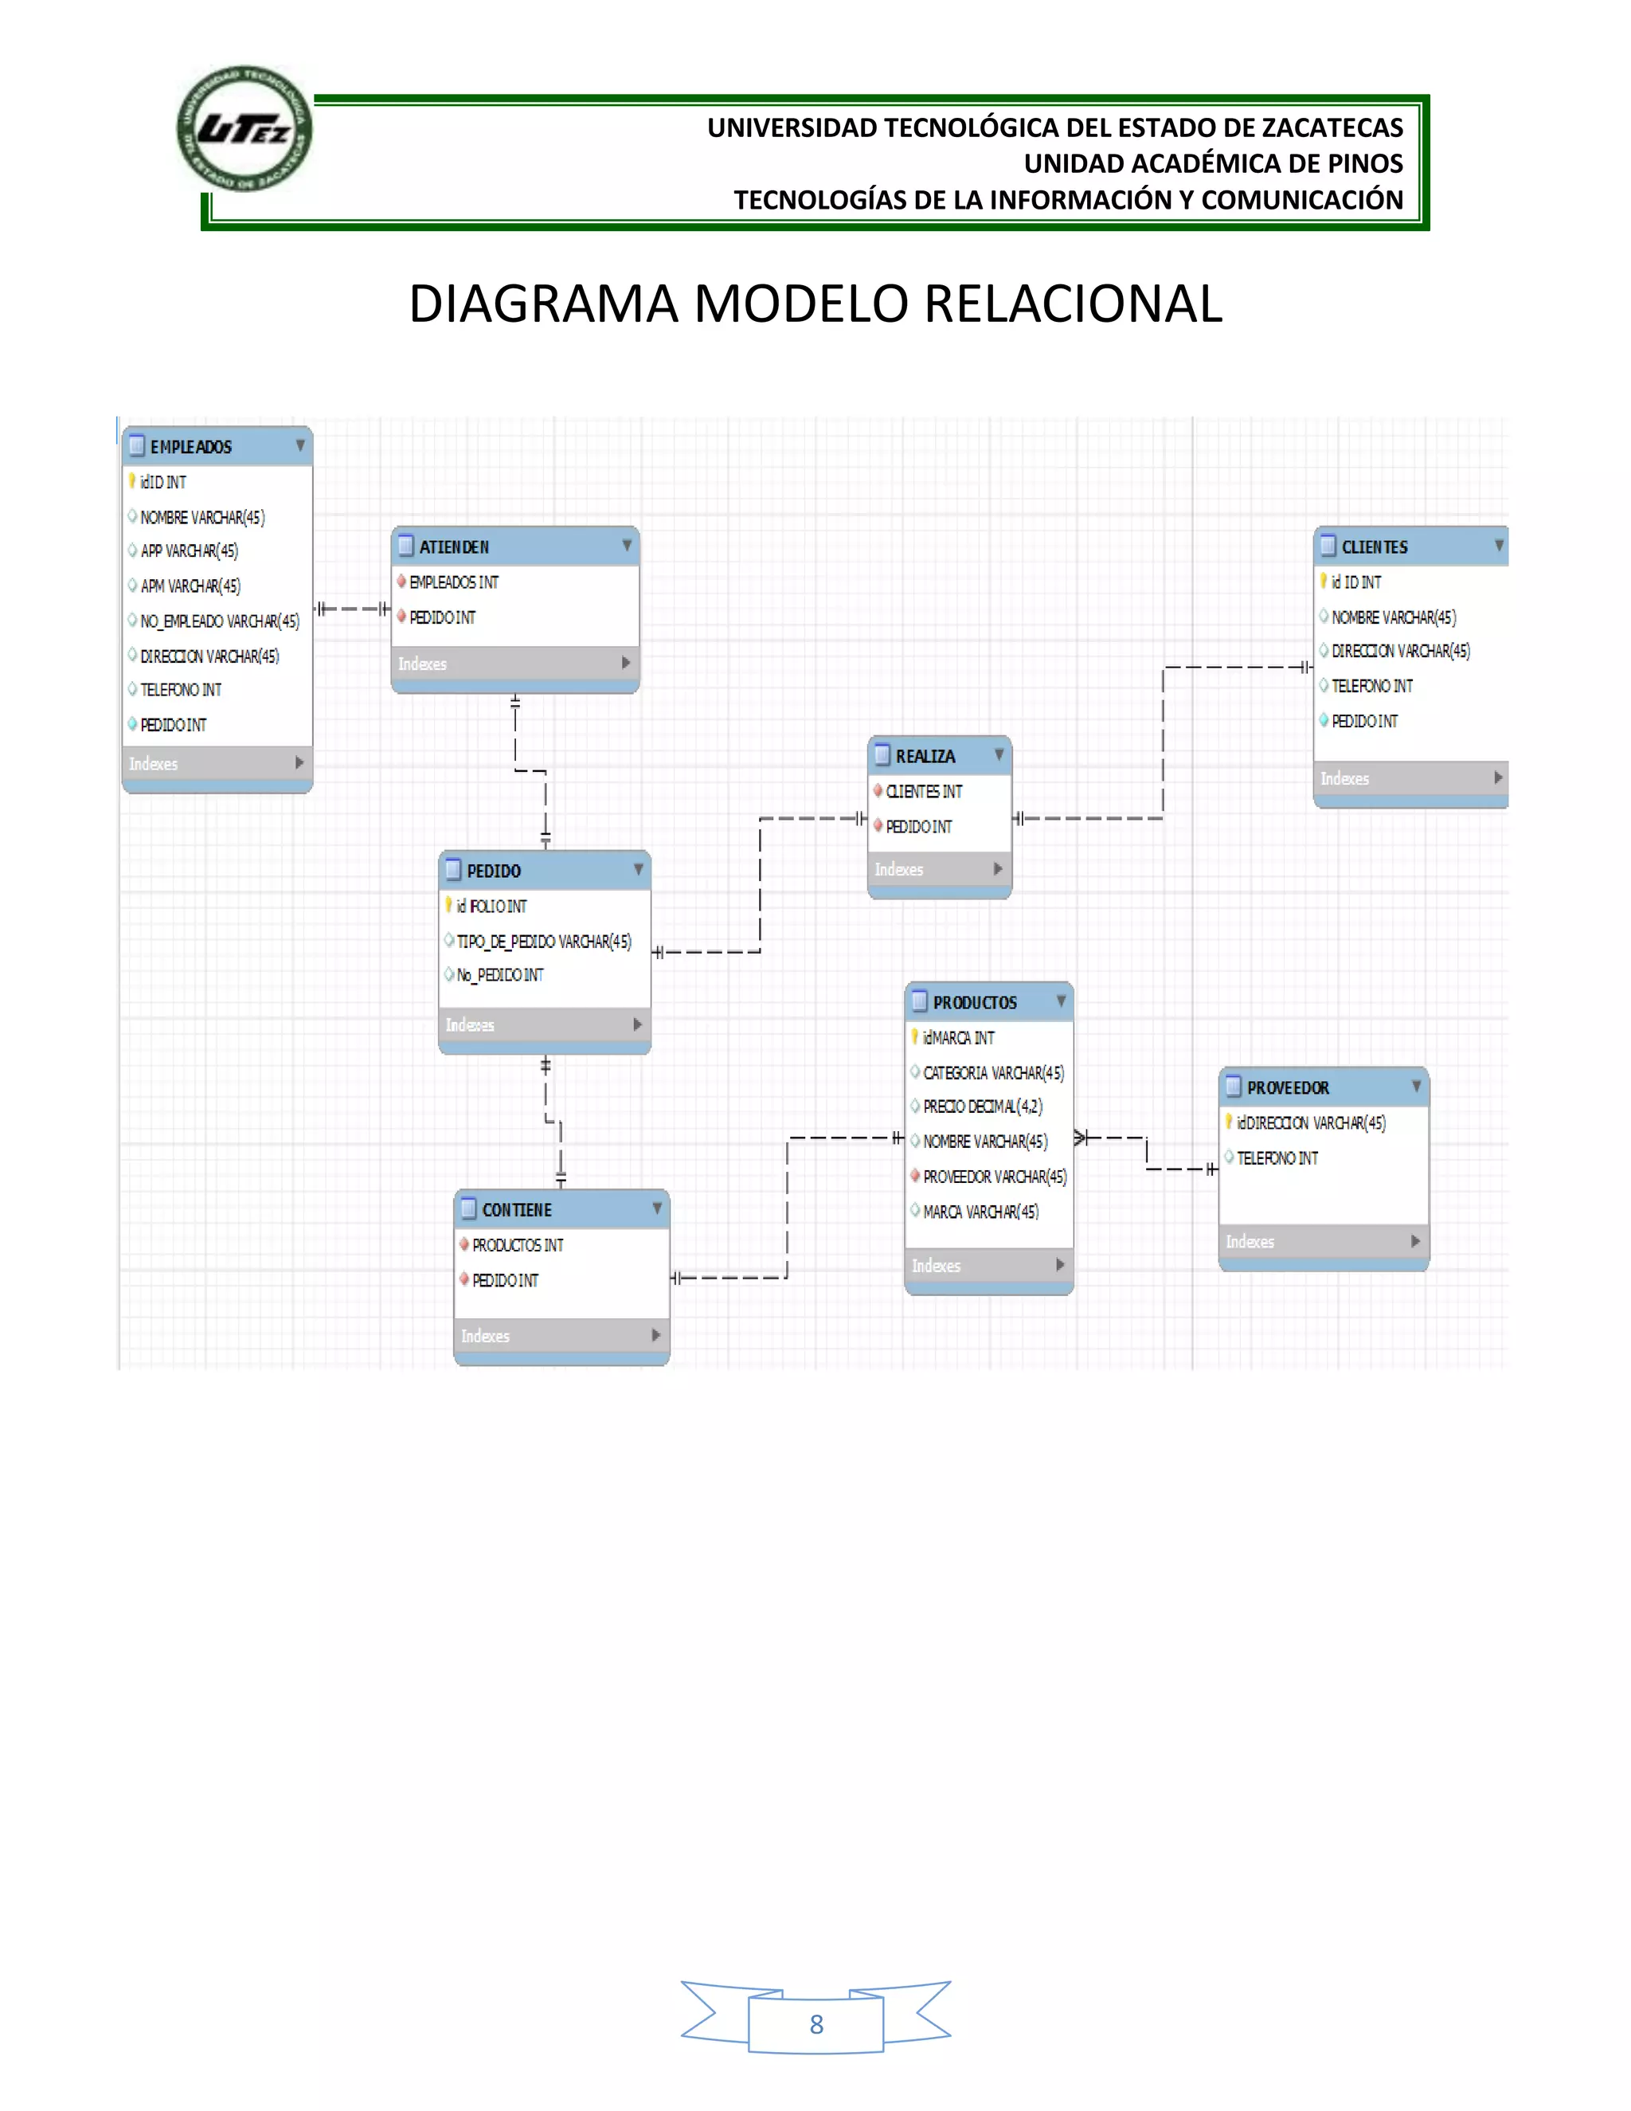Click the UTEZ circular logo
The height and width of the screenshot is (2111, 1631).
(244, 128)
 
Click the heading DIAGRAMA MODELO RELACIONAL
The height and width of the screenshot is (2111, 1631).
(815, 304)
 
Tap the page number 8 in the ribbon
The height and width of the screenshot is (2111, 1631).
(815, 2025)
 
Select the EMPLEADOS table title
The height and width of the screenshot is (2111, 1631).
(190, 447)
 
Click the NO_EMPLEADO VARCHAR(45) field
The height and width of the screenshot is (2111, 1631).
(219, 621)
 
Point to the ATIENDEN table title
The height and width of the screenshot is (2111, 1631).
(453, 547)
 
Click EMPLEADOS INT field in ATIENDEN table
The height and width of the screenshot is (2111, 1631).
(453, 582)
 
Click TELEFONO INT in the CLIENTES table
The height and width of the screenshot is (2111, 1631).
(1371, 686)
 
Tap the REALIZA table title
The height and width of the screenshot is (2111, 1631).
(924, 756)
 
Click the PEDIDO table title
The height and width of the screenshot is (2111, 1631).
(493, 871)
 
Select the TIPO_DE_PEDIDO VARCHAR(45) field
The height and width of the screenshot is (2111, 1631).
(543, 942)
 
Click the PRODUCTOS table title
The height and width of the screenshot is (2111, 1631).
(974, 1002)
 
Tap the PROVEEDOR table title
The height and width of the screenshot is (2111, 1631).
(1287, 1087)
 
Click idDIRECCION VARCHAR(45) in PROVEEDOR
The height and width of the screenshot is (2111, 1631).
(1310, 1123)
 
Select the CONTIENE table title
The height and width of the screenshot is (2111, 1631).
(516, 1210)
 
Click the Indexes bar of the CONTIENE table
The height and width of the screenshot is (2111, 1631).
(561, 1336)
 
